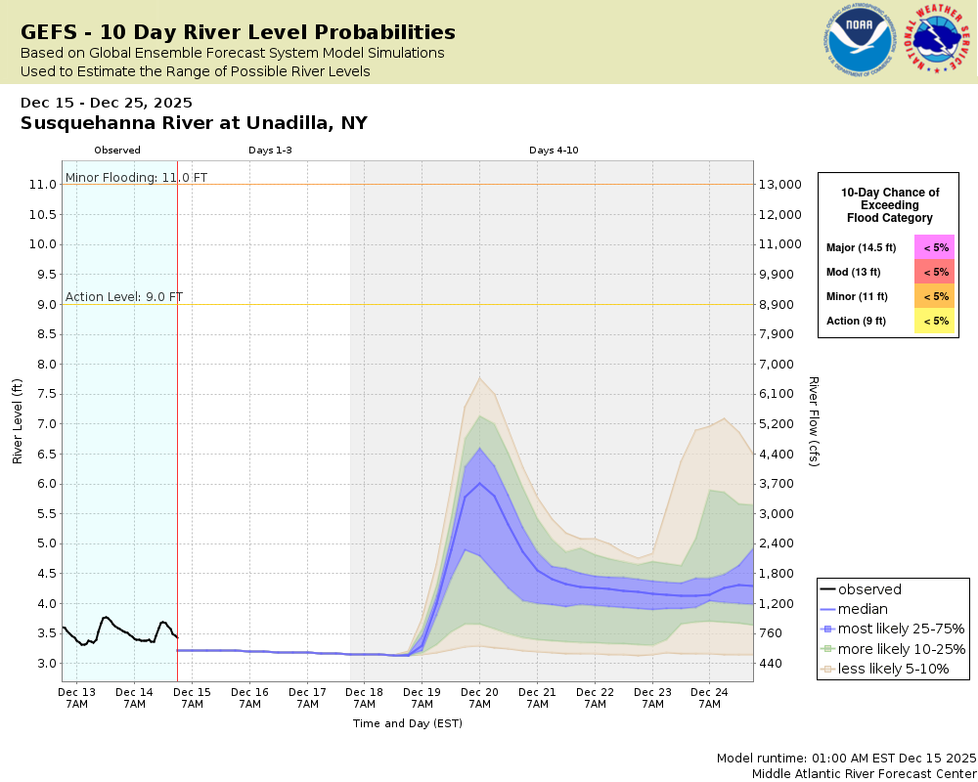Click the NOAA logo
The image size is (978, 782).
(860, 41)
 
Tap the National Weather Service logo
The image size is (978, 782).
(939, 40)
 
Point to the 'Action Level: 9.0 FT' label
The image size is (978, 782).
(124, 297)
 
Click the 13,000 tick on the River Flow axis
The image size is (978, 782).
(781, 185)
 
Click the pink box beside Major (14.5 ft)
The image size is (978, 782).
(934, 247)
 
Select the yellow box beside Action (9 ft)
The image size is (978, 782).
(934, 321)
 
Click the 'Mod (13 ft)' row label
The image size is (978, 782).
(854, 272)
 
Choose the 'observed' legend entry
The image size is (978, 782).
(870, 589)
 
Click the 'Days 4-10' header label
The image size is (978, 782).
(554, 151)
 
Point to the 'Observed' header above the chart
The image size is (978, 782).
(117, 151)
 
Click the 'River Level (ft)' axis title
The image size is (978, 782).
(18, 420)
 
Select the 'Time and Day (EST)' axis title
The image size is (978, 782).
(407, 723)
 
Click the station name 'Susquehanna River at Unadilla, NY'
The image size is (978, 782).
(194, 123)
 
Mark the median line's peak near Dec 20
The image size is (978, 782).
(479, 483)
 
